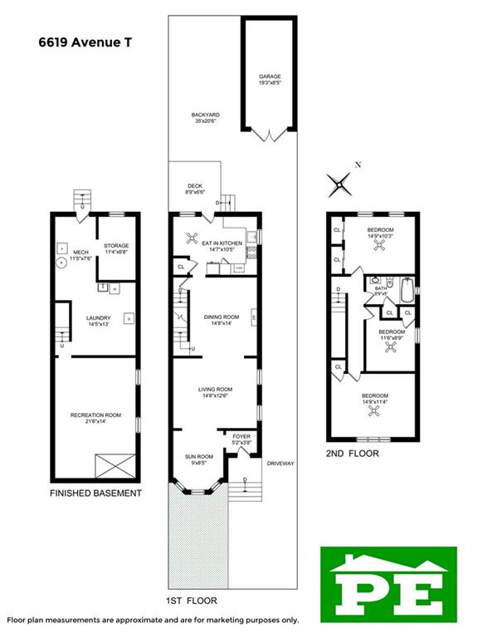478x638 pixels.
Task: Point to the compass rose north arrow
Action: [340, 181]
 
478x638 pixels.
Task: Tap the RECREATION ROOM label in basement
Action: [95, 418]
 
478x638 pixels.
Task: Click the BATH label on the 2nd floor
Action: [382, 291]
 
